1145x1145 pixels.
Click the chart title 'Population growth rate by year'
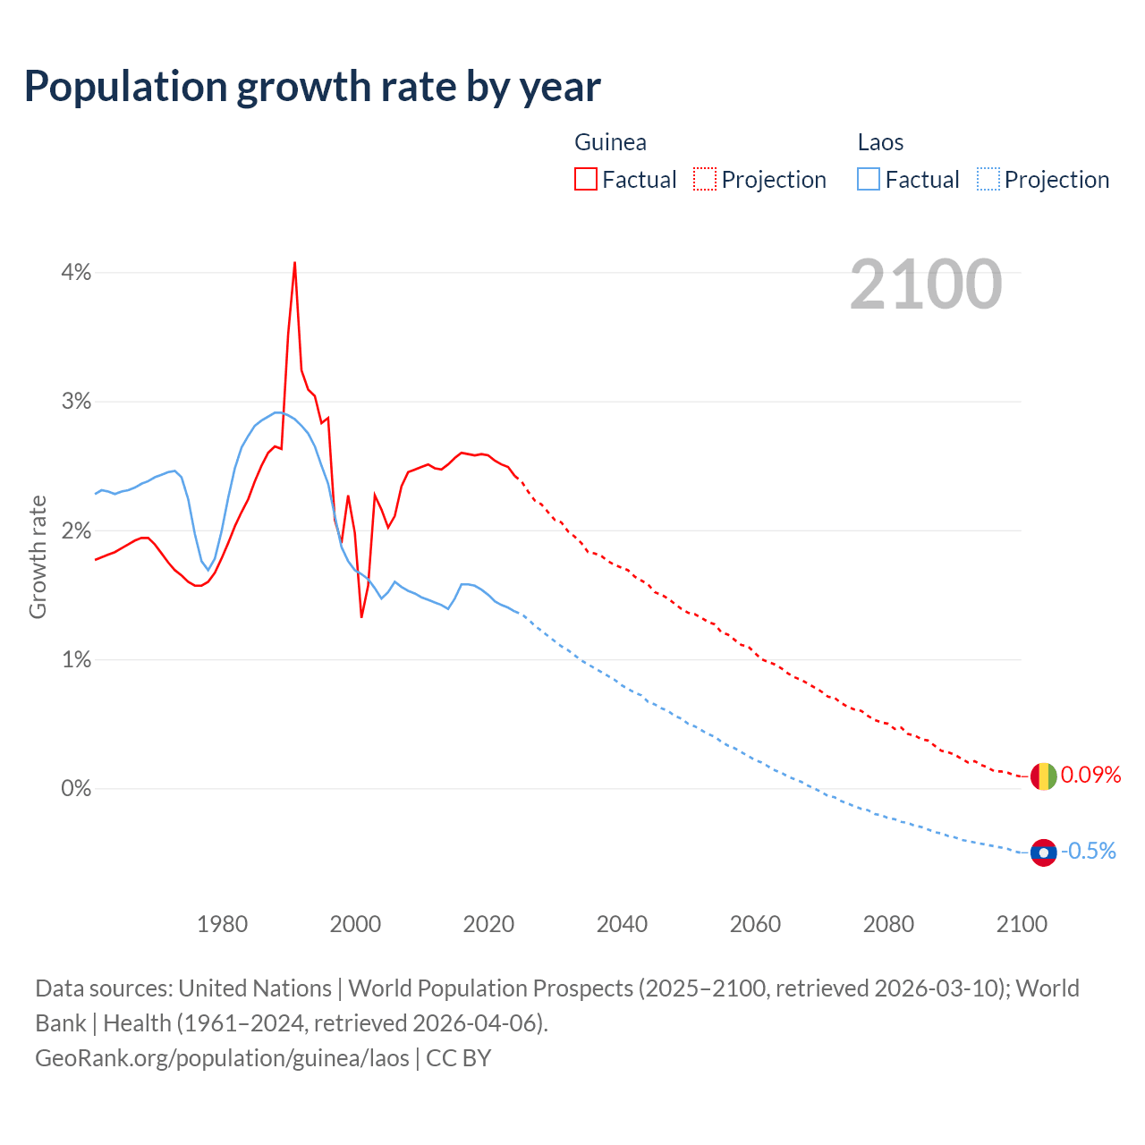[312, 87]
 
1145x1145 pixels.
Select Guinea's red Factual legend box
[585, 179]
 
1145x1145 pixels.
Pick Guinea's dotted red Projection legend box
[704, 179]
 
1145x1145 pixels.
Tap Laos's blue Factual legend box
[868, 179]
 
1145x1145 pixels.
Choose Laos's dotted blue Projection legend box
[988, 179]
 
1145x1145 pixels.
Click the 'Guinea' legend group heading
[610, 142]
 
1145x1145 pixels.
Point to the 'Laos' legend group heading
[880, 142]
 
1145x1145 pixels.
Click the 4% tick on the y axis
[76, 273]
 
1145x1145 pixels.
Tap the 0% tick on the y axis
[76, 789]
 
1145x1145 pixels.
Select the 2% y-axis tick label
[76, 531]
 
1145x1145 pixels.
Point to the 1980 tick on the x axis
[222, 924]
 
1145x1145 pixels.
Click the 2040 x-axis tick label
[622, 924]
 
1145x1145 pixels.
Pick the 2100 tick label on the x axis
[1022, 924]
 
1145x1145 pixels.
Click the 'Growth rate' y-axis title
[38, 556]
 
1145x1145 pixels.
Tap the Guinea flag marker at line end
[1043, 776]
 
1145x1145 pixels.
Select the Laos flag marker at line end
[1043, 852]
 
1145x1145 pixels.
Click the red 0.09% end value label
[1090, 775]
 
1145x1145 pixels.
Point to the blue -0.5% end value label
[1088, 851]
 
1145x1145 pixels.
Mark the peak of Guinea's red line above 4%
[294, 263]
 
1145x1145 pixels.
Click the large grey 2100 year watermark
[926, 284]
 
